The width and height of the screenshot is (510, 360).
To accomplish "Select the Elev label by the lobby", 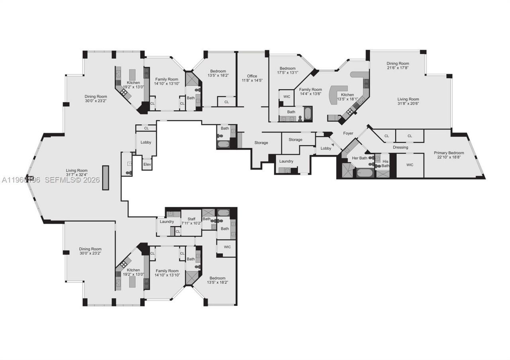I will point(147,164).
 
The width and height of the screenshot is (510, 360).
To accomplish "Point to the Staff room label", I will point(188,221).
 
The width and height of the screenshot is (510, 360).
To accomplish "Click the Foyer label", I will point(348,133).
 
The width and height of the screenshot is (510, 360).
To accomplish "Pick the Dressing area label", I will point(400,147).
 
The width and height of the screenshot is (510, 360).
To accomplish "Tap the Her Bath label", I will point(359,158).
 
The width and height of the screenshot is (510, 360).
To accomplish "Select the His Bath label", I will point(385,164).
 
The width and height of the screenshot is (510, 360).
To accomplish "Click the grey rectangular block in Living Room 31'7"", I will point(106,178).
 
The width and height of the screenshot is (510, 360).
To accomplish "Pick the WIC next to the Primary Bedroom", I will point(410,165).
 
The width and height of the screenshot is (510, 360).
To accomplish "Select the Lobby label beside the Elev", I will point(146,142).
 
